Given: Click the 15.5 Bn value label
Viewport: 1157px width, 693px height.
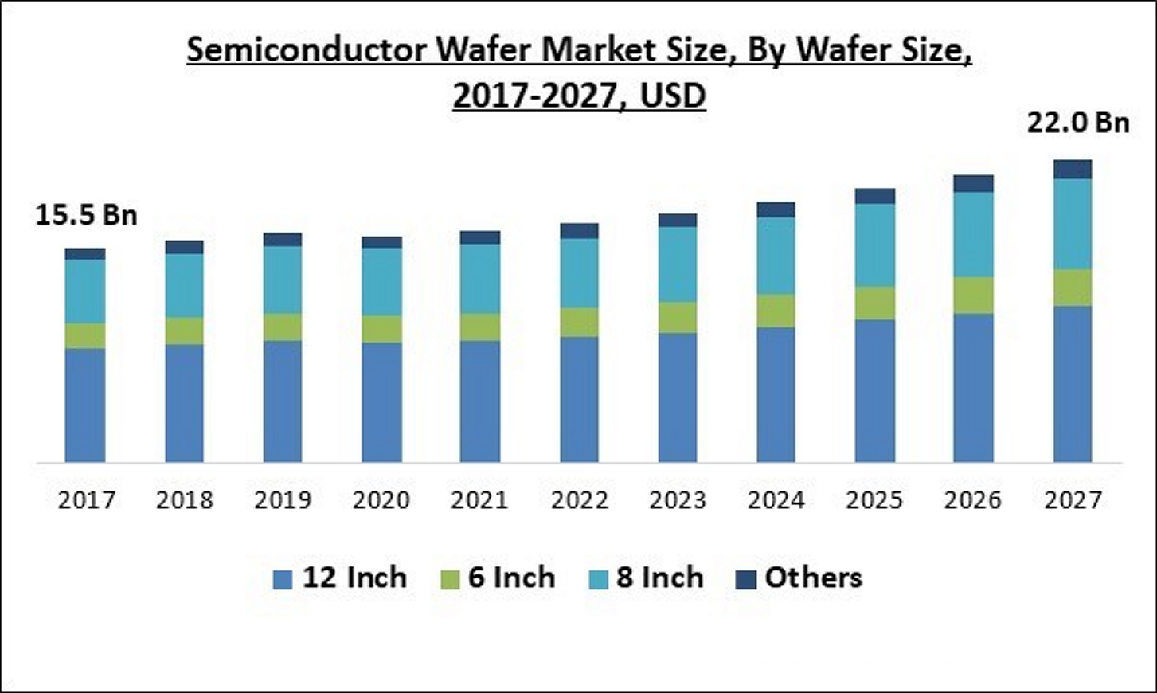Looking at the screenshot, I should [86, 215].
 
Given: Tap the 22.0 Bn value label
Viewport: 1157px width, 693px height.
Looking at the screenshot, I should [1077, 123].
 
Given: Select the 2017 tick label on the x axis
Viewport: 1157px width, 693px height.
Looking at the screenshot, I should [86, 500].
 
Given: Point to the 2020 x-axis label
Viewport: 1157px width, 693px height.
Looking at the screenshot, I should [381, 500].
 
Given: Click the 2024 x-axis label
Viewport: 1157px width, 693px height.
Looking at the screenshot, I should [776, 500].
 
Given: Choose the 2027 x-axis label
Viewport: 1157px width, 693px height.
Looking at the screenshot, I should [1073, 500].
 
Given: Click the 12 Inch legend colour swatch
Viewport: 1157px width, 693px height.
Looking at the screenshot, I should [283, 579].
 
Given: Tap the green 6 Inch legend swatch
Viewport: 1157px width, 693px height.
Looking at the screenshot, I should [450, 579].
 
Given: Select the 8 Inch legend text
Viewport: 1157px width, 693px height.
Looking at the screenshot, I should [659, 577].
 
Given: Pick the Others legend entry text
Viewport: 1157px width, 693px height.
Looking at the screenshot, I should [813, 577].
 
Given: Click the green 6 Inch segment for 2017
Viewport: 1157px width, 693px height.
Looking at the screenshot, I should [85, 335].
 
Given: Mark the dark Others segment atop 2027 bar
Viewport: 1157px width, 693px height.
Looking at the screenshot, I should [1073, 169].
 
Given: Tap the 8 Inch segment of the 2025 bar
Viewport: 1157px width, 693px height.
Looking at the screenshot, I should [875, 245].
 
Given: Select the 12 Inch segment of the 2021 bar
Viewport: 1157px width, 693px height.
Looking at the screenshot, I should [479, 401].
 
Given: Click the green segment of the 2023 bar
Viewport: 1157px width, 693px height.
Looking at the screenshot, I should [678, 317].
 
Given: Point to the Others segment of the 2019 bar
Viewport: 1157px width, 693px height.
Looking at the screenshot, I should [283, 240].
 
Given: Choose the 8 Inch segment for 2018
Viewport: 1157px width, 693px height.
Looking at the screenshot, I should [184, 285].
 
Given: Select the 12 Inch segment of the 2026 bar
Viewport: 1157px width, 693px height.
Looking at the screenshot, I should [973, 388].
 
